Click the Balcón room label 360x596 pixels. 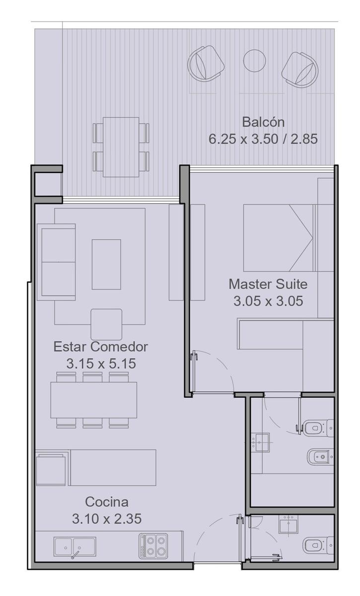click(x=263, y=122)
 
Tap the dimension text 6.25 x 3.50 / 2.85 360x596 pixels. click(x=263, y=139)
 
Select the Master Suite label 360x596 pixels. click(x=268, y=284)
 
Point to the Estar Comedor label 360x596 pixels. click(x=101, y=347)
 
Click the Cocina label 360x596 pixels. click(x=107, y=502)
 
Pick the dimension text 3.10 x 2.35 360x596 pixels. click(x=107, y=519)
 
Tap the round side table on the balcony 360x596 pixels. click(x=254, y=61)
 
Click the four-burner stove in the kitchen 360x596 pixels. click(x=153, y=546)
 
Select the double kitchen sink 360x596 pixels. click(x=74, y=546)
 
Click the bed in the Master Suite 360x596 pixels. click(x=278, y=238)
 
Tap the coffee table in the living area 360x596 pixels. click(x=106, y=264)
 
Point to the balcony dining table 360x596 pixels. click(x=121, y=147)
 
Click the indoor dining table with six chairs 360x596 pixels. click(x=94, y=400)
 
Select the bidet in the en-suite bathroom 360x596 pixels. click(x=320, y=457)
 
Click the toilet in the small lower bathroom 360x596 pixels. click(x=318, y=545)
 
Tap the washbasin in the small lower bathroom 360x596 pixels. click(x=288, y=524)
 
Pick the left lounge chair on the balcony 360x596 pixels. click(x=206, y=64)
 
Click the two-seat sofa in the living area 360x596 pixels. click(x=56, y=262)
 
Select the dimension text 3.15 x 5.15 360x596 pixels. click(x=101, y=364)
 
